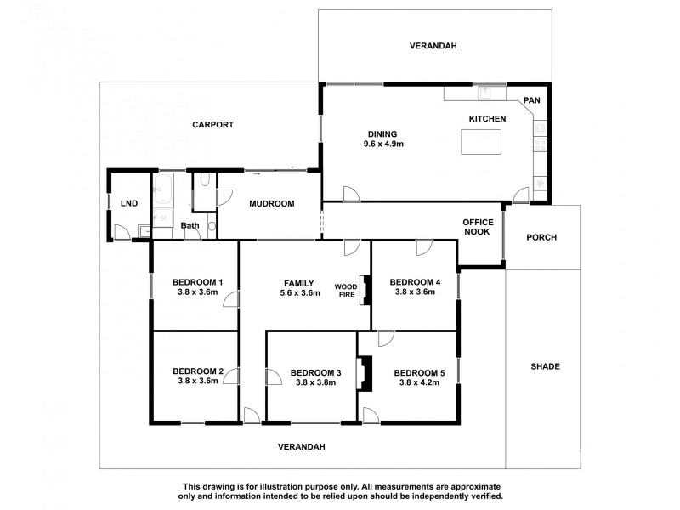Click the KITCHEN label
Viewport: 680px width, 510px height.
click(x=488, y=118)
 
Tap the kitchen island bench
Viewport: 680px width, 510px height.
click(x=481, y=141)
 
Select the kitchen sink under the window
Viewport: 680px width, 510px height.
click(x=488, y=92)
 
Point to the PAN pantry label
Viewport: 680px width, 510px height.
click(x=531, y=100)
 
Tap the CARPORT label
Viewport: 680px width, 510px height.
click(x=212, y=124)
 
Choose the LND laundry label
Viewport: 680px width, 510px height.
click(x=129, y=203)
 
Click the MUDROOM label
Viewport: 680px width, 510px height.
click(x=271, y=203)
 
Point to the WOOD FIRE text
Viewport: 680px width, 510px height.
click(x=345, y=292)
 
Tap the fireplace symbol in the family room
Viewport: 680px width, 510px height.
click(x=365, y=291)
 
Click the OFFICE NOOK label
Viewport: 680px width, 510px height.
click(x=477, y=227)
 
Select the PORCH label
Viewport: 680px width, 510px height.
click(x=541, y=237)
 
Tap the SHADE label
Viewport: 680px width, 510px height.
click(x=545, y=366)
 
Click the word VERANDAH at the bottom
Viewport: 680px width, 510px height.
click(x=303, y=446)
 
